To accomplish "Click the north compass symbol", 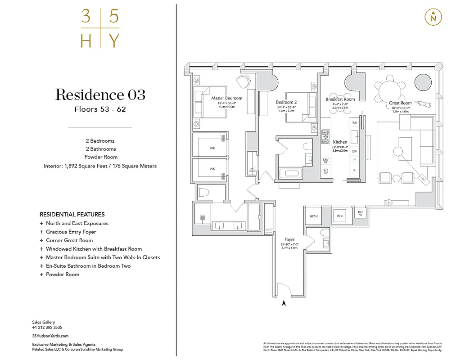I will (433, 17).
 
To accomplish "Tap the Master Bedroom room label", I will (227, 98).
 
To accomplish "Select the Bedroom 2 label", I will (286, 103).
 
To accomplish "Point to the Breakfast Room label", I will (340, 99).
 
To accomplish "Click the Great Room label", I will (400, 103).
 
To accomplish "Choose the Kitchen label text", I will (340, 142).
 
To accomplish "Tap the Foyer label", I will (289, 239).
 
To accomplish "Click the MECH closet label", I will (313, 216).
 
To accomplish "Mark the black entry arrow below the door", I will (284, 303).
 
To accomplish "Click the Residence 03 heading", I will (100, 95).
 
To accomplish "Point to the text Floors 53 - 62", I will (100, 109).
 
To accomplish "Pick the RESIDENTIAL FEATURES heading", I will (72, 214).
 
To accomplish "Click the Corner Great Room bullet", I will (69, 240).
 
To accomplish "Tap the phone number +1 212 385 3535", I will (47, 328).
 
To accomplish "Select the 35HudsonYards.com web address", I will (50, 336).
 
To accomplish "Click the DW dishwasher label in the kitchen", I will (355, 152).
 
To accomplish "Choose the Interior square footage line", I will (100, 166).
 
